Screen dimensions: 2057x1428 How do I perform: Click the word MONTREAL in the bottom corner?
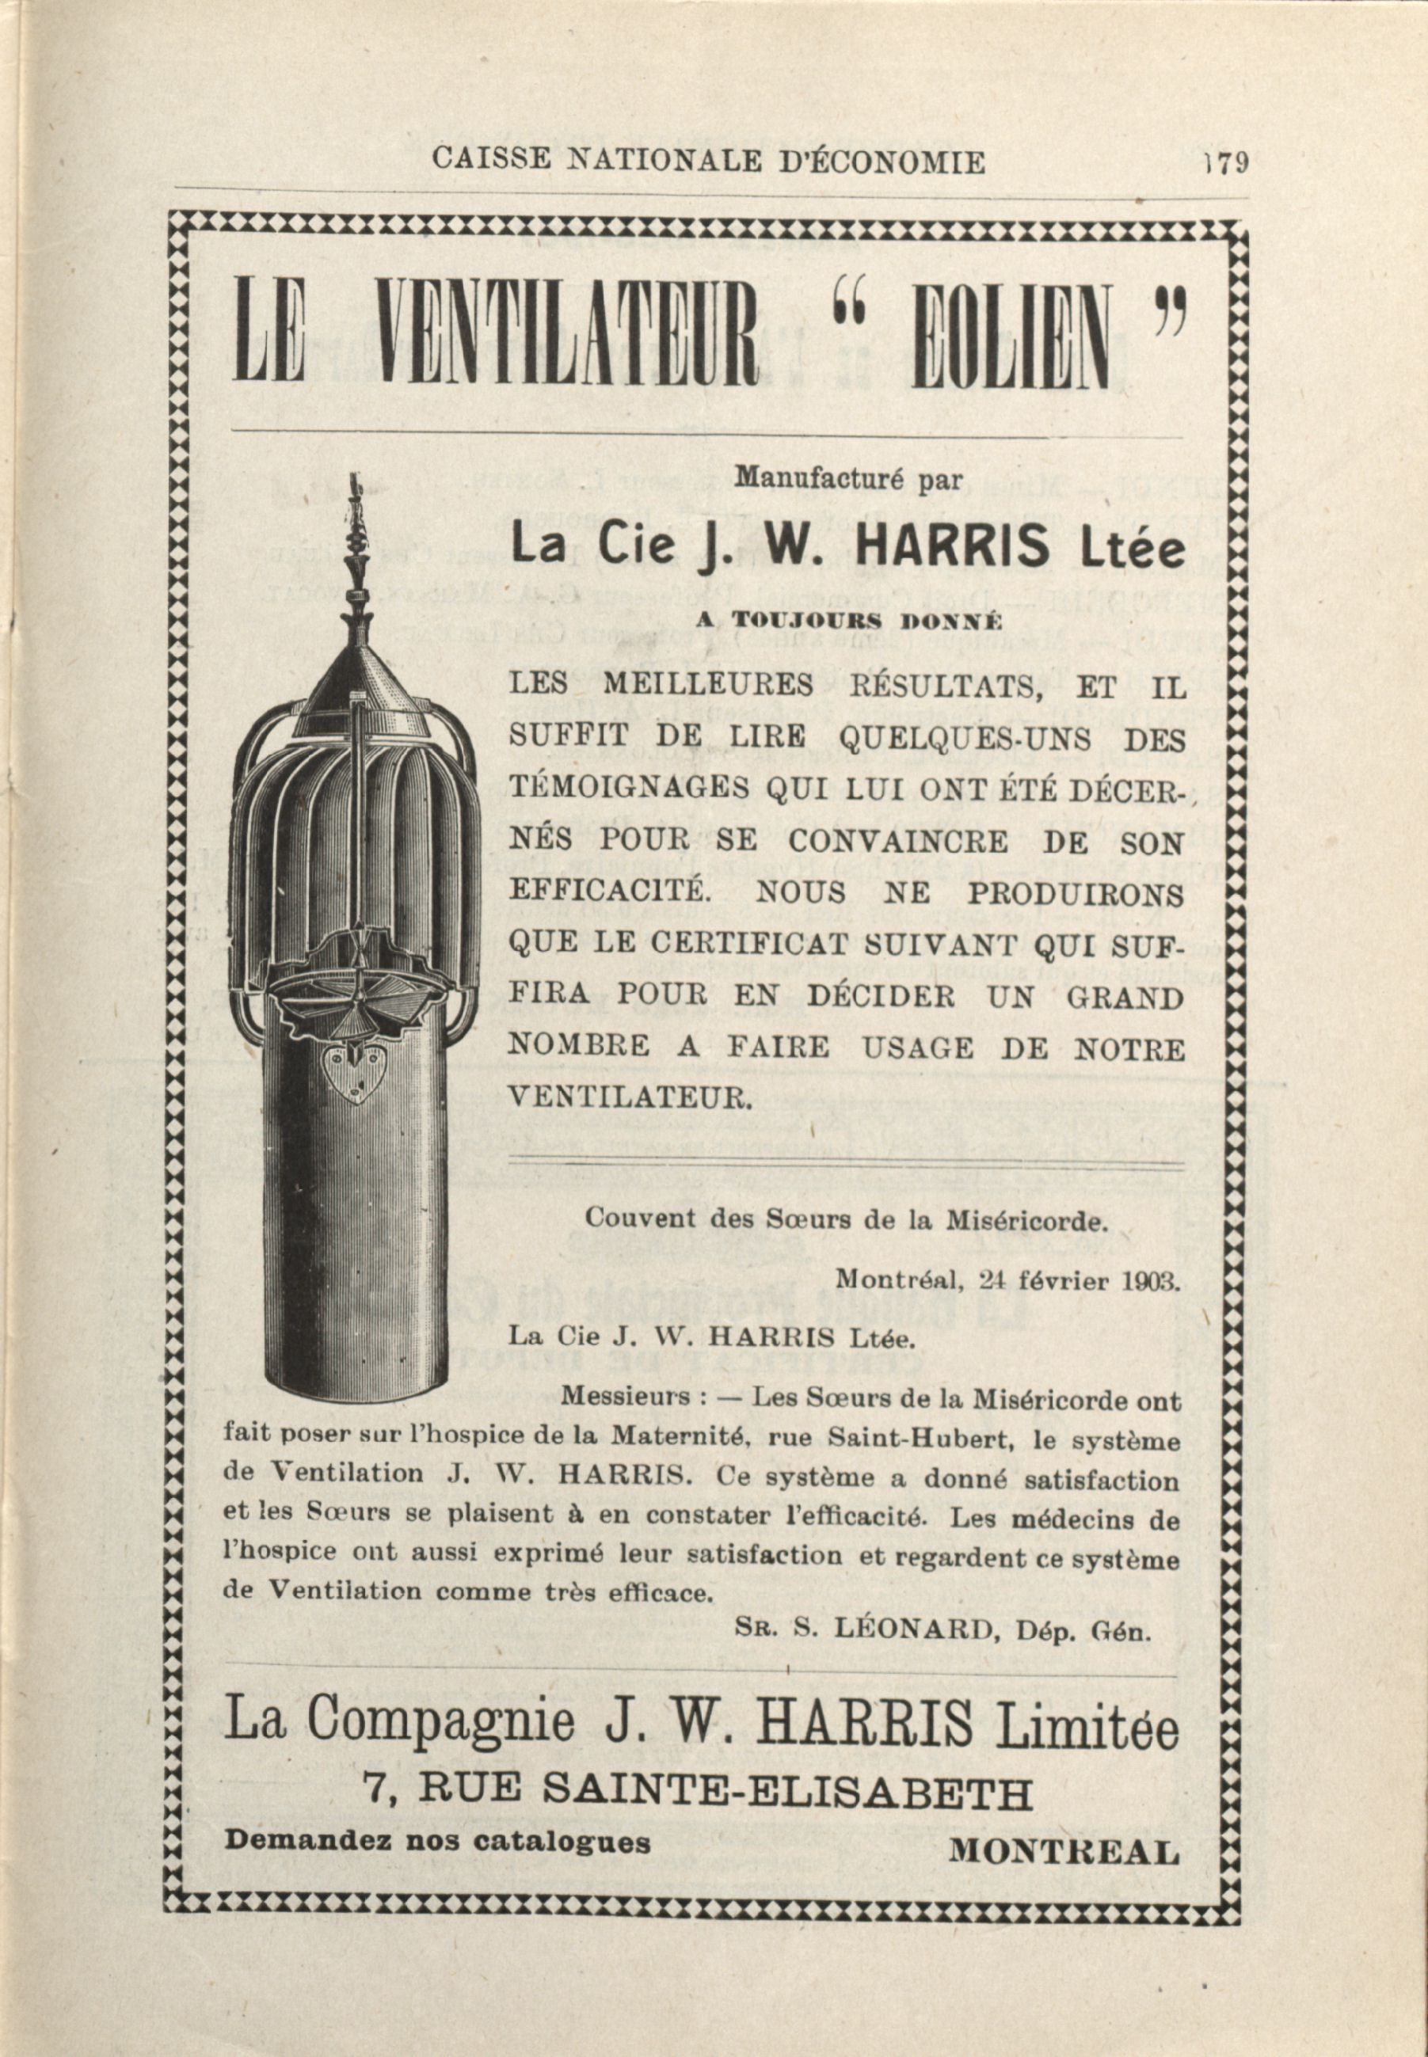1064,1850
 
